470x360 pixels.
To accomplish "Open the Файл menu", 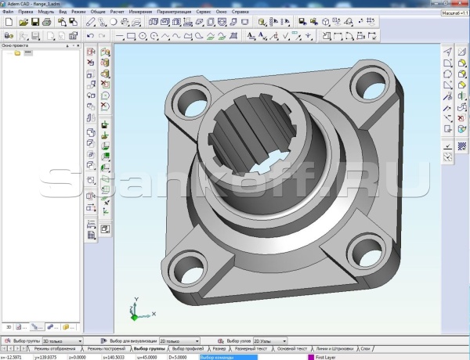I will click(8, 13).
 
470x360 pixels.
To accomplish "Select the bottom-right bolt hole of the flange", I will click(362, 251).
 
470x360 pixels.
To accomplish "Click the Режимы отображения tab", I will click(54, 348).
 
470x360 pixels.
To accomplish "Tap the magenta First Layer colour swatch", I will click(310, 357).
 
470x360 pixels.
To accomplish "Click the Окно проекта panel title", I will click(16, 45).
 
